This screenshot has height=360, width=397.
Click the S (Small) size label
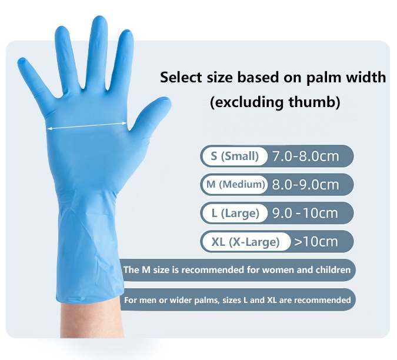pyautogui.click(x=234, y=156)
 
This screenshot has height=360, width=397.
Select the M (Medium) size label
pyautogui.click(x=234, y=185)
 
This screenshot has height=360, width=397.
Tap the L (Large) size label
pyautogui.click(x=235, y=214)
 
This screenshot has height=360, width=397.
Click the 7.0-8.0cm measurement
pyautogui.click(x=306, y=156)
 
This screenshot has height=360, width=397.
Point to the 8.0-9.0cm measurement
pyautogui.click(x=306, y=185)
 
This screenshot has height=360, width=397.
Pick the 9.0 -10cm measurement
pyautogui.click(x=305, y=213)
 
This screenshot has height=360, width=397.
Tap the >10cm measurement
pyautogui.click(x=316, y=241)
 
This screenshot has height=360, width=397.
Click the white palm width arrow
pyautogui.click(x=87, y=125)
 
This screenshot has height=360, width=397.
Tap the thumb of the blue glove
pyautogui.click(x=152, y=112)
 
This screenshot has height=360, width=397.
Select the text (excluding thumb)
pyautogui.click(x=275, y=102)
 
